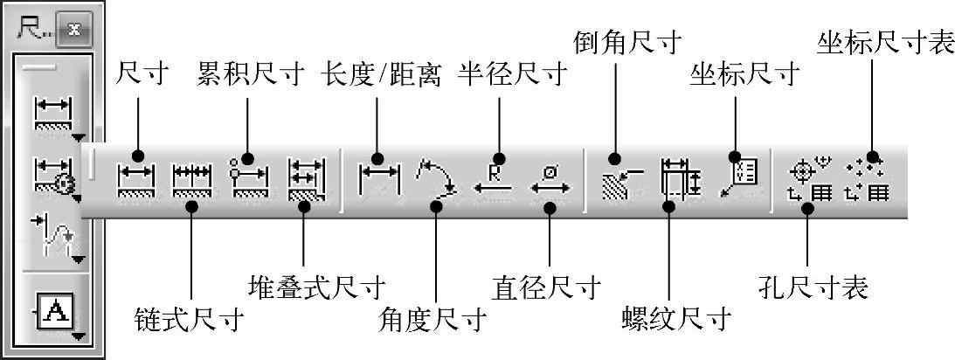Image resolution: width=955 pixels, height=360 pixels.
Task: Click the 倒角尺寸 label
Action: click(x=626, y=39)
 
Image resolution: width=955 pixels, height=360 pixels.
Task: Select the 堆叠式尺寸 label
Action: click(x=317, y=285)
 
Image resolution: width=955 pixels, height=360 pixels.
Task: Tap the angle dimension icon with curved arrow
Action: click(x=437, y=178)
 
